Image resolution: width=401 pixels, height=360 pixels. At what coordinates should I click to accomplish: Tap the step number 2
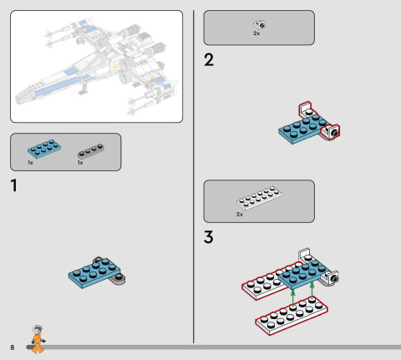point(209,60)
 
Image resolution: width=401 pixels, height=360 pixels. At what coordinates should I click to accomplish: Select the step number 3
point(210,236)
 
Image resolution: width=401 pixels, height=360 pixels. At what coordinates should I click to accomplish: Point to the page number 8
point(13,347)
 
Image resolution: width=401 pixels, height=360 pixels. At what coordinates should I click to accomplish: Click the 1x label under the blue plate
point(30,162)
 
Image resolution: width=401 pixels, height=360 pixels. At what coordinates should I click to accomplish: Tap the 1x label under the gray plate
point(80,162)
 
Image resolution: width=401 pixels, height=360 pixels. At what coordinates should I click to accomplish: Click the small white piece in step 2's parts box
point(259,25)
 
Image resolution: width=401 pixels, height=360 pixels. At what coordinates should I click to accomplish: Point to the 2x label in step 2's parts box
point(256,34)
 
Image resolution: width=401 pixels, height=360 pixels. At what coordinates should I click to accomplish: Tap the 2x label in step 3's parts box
point(240,214)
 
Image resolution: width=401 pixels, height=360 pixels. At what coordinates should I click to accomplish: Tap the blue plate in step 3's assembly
point(301,271)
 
